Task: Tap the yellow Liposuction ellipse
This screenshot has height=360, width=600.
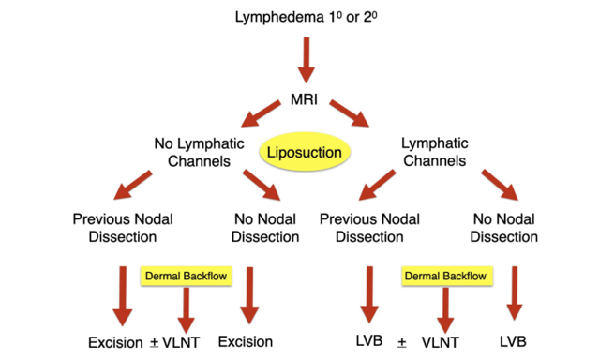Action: pos(302,151)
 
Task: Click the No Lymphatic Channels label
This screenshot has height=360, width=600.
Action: pos(199,152)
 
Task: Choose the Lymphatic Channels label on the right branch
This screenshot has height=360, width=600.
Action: pos(433,152)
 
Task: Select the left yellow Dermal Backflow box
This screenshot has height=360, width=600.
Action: pos(186,277)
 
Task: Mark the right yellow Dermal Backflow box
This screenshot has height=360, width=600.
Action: pos(443,277)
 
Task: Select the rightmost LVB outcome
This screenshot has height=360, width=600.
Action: pos(512,341)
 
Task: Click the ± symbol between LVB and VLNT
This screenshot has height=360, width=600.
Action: pos(401,342)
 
